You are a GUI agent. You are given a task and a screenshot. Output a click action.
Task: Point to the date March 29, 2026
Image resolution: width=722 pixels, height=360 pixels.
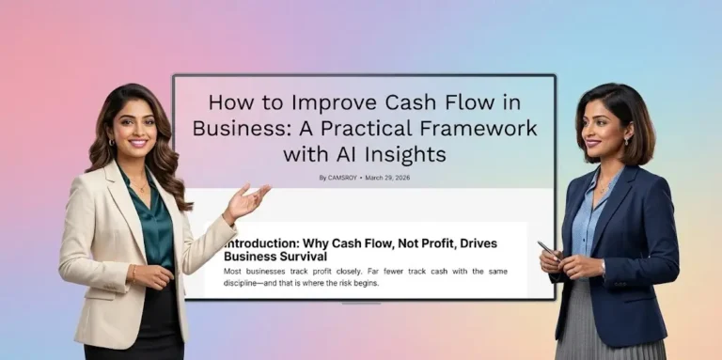(387, 177)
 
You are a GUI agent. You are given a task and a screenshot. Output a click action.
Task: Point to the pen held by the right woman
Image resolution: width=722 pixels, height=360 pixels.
(546, 248)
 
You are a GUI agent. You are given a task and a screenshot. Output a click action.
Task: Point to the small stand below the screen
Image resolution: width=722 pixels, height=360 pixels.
(362, 303)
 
